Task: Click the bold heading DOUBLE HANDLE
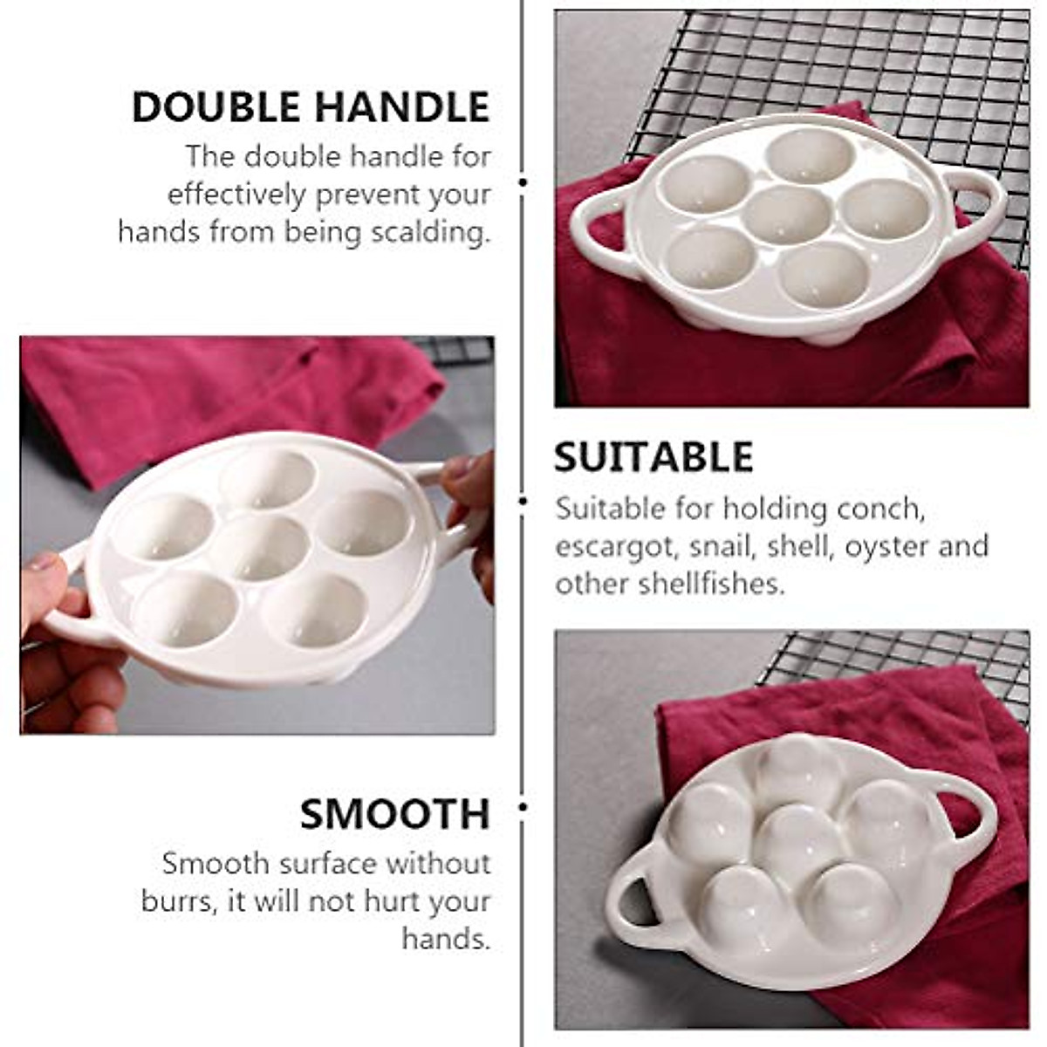[311, 107]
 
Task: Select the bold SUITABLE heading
[654, 458]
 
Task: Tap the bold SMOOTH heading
[394, 814]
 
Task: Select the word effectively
[237, 194]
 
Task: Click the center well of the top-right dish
[788, 215]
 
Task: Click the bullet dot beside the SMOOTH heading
[523, 807]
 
